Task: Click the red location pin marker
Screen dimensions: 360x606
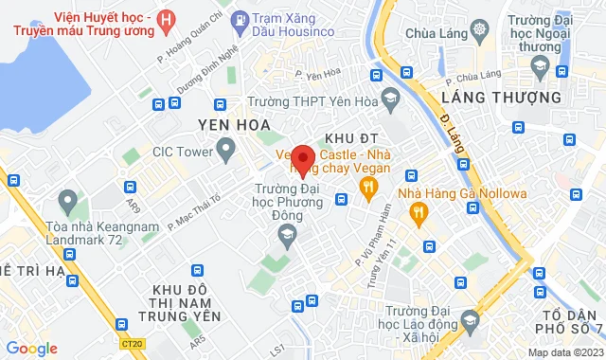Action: click(302, 159)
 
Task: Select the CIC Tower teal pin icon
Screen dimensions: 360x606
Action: click(225, 149)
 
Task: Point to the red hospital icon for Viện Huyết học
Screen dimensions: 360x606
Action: click(167, 19)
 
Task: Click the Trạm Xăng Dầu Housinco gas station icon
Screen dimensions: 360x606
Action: click(241, 19)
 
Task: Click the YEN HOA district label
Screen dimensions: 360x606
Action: click(233, 124)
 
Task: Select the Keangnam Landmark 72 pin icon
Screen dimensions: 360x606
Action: click(66, 201)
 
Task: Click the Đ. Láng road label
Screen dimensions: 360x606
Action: click(446, 123)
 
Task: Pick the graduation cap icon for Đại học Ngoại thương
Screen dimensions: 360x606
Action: click(540, 65)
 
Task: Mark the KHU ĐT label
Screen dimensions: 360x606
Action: click(345, 138)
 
